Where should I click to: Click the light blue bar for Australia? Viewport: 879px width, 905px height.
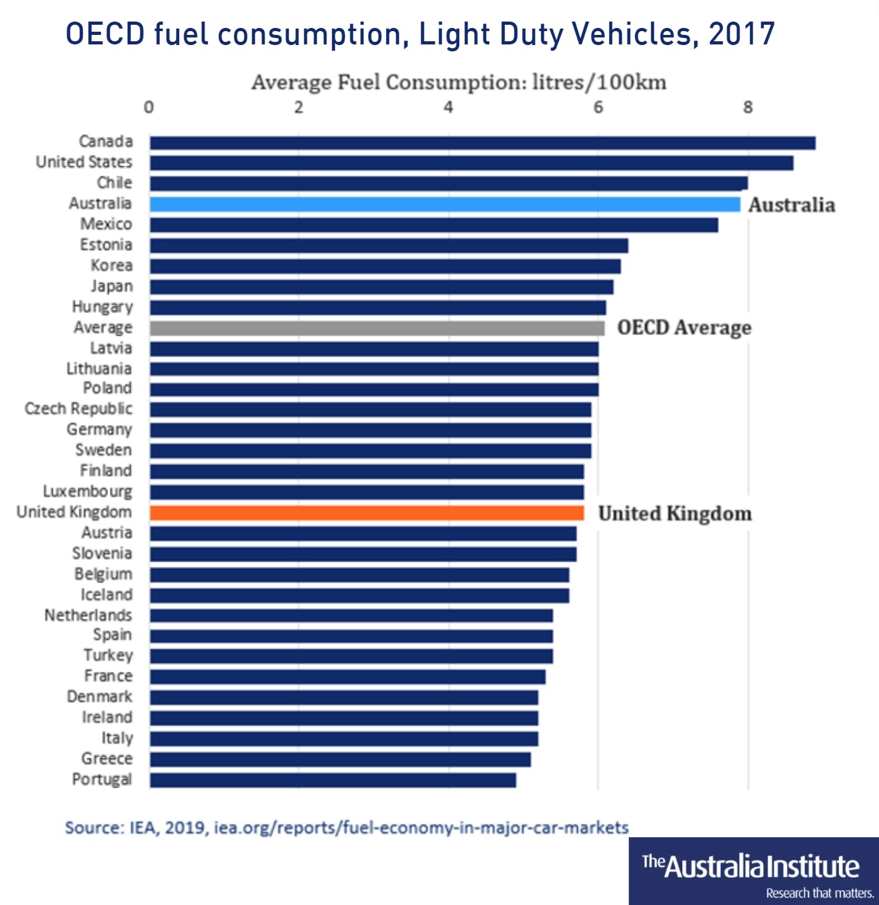(x=445, y=204)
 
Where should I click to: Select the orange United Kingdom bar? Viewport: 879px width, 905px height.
(x=366, y=513)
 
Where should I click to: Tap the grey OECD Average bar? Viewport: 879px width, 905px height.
(x=377, y=328)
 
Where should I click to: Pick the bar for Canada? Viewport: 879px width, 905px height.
(x=482, y=143)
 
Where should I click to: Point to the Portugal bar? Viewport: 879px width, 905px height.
(x=333, y=780)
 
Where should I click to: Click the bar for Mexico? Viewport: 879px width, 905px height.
(x=434, y=225)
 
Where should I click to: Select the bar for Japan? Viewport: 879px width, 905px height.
(x=381, y=287)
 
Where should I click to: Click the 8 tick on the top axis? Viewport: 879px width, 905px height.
(x=748, y=107)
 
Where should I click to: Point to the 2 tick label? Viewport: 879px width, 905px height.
(x=299, y=107)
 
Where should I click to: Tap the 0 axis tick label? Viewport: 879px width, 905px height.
(x=149, y=107)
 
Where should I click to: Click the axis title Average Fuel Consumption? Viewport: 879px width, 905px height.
(x=459, y=83)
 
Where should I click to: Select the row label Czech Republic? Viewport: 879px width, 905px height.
(x=79, y=409)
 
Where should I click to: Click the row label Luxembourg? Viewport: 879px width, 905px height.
(x=88, y=492)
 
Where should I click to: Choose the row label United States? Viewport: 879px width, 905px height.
(x=84, y=162)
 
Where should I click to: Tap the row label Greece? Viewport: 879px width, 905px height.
(x=107, y=759)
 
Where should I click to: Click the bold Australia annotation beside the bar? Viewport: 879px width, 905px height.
(x=791, y=205)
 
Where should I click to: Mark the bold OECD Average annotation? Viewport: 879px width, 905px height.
(x=684, y=328)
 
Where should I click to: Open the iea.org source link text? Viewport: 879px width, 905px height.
(x=421, y=828)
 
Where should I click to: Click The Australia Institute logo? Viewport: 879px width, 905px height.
(x=753, y=871)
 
